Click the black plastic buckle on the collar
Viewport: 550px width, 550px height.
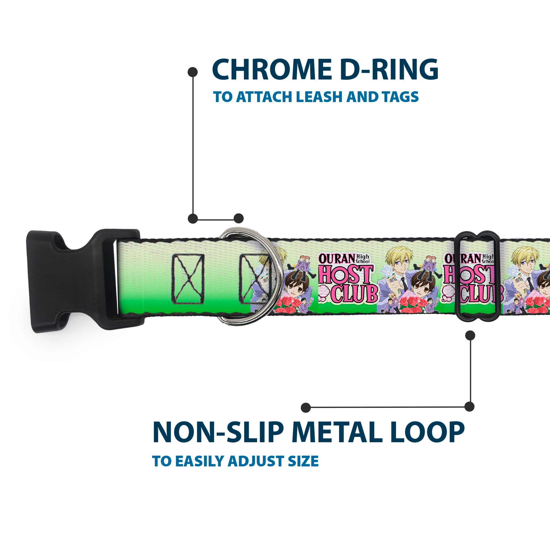click(x=77, y=280)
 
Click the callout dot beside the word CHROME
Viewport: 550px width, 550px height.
click(x=193, y=72)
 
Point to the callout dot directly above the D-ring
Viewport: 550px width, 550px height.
click(x=239, y=219)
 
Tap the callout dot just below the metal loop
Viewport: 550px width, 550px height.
click(x=470, y=335)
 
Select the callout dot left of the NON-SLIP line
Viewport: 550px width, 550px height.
click(x=306, y=408)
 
